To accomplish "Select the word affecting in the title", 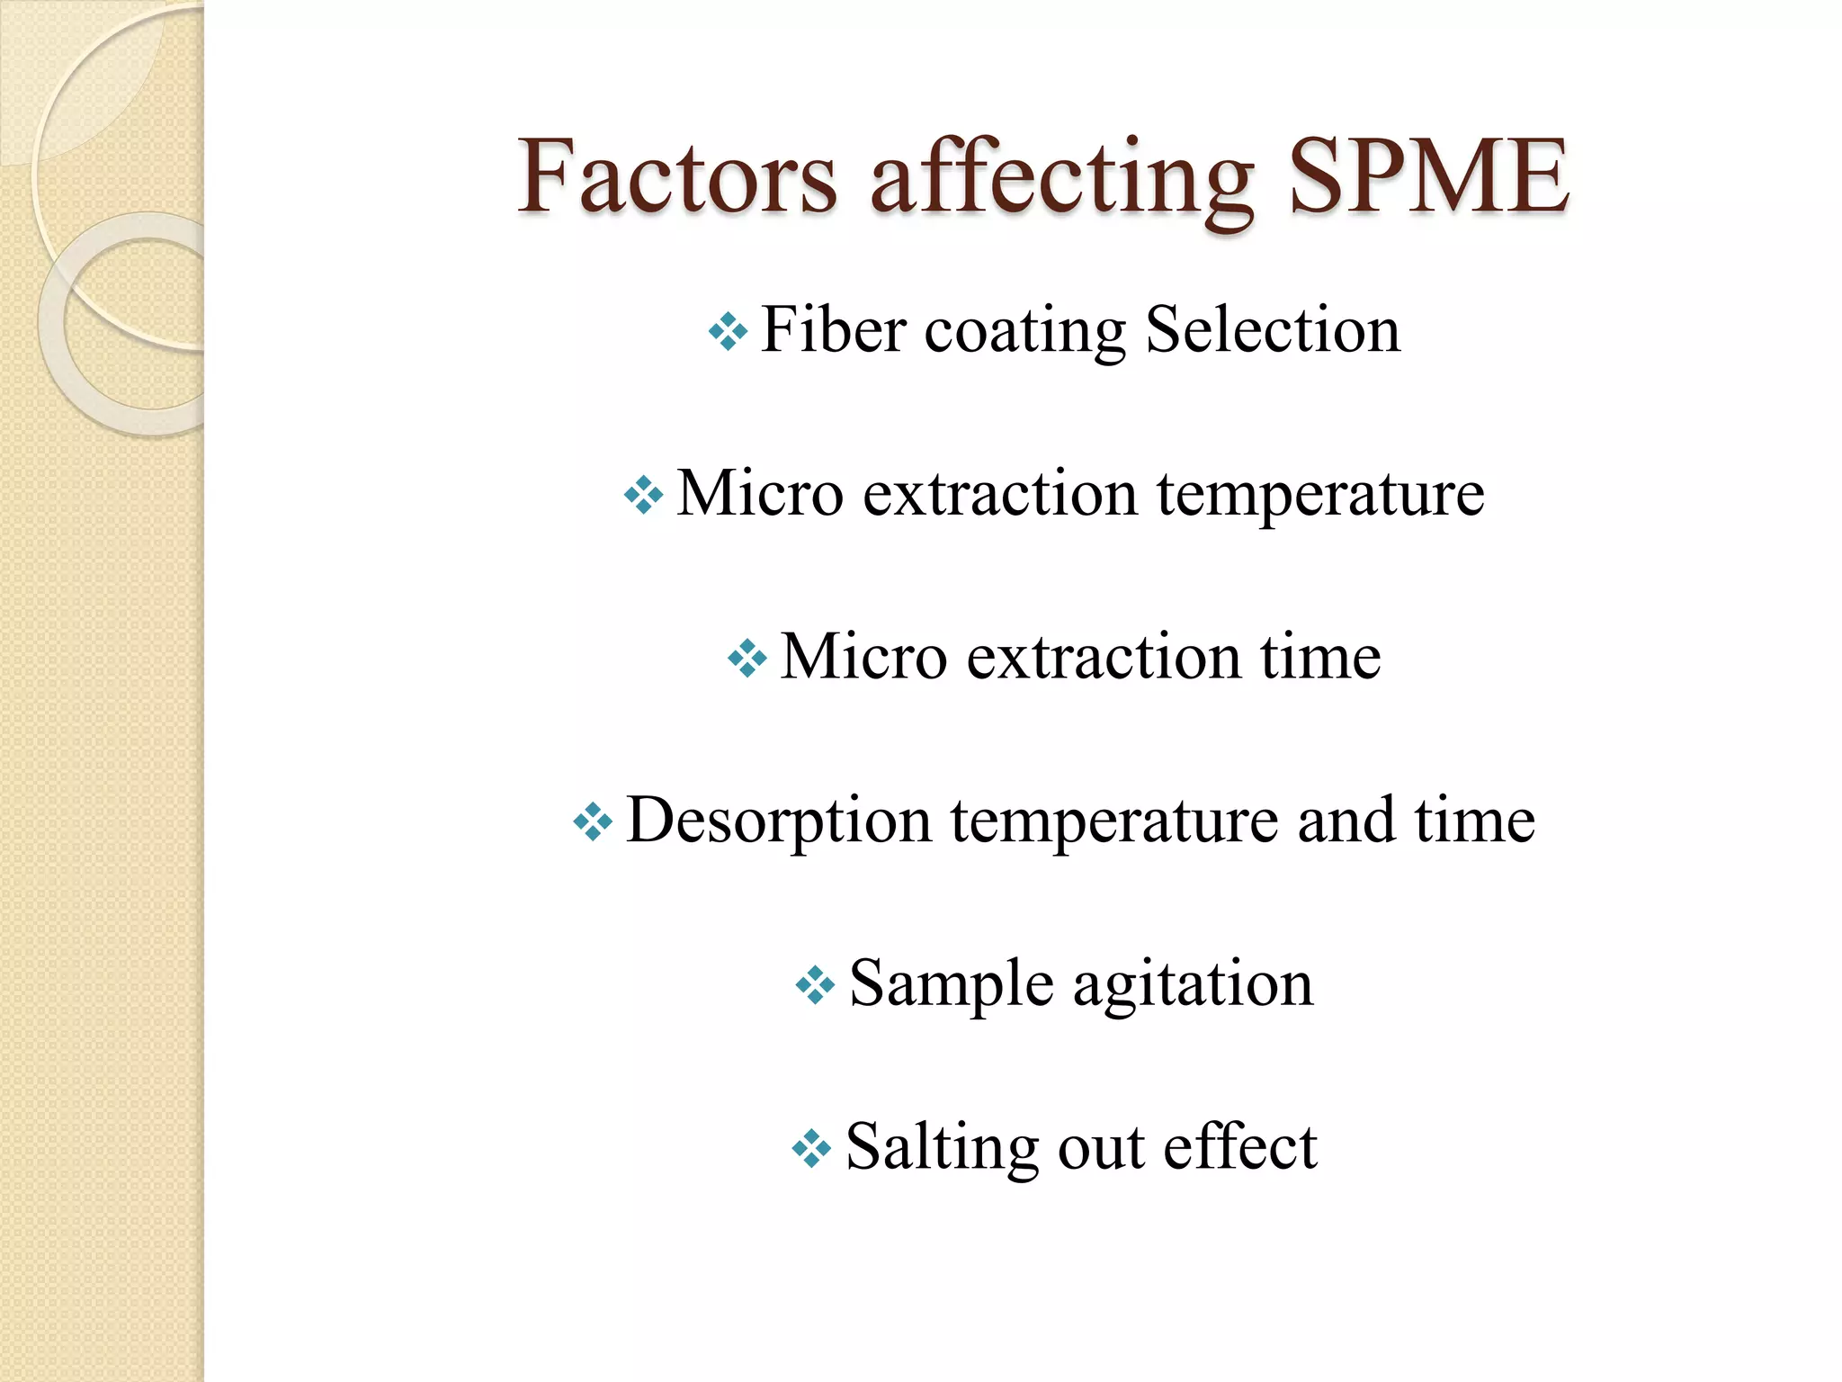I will [1061, 177].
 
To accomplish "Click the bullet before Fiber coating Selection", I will [728, 332].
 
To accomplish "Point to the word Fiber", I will [833, 329].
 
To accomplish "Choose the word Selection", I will [1273, 329].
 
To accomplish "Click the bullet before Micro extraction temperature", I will [643, 495].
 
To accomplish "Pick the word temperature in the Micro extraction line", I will [1319, 495].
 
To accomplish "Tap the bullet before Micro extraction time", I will [747, 659].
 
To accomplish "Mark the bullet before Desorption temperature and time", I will [593, 821].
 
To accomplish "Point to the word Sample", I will [951, 984].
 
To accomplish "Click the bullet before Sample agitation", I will [815, 985].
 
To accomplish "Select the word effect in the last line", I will [1240, 1147].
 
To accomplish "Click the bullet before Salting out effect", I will [811, 1149].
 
